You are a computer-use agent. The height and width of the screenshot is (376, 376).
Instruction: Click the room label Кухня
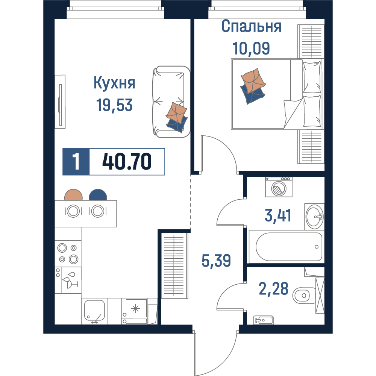114,83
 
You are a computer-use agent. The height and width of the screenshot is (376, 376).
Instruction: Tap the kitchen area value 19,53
114,105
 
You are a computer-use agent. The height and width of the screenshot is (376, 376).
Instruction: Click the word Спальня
251,26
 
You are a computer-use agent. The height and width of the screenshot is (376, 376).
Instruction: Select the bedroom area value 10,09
251,48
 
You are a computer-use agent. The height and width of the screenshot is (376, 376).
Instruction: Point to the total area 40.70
127,162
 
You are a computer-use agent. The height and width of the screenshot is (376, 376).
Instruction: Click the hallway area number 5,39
216,261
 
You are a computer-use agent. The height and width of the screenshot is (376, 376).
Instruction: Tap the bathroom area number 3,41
278,215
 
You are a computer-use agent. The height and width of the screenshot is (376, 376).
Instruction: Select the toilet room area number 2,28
274,288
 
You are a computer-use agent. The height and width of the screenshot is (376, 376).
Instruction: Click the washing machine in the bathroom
279,187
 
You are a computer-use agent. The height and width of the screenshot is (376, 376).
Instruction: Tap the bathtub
287,247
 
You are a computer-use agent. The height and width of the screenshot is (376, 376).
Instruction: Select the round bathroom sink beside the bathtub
315,217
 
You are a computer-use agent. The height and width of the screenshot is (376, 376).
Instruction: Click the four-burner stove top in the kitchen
68,254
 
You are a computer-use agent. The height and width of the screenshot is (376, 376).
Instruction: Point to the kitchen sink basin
94,310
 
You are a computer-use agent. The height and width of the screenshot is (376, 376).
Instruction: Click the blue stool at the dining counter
98,195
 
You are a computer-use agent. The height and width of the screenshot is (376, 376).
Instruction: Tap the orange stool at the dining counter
73,195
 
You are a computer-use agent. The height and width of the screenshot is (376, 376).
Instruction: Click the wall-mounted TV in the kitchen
60,102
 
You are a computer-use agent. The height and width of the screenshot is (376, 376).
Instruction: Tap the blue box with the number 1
76,162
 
